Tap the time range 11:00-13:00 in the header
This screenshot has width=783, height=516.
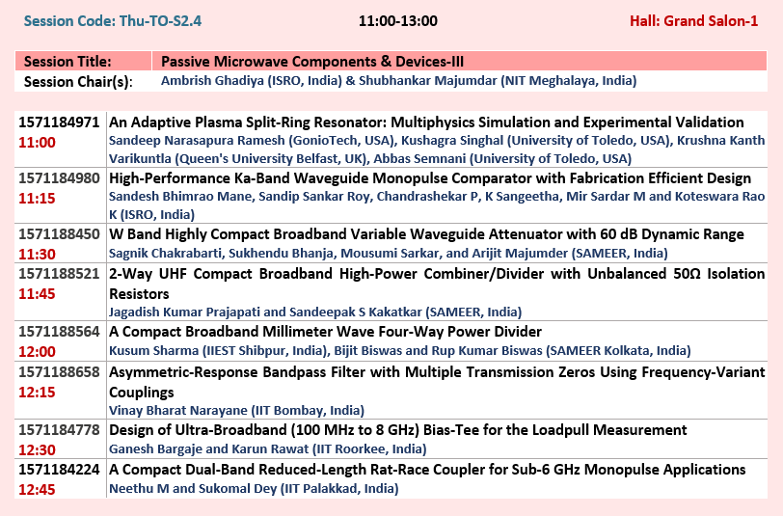pos(398,21)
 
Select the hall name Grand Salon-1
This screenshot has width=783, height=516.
pos(711,21)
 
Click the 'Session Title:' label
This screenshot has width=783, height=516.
pos(67,62)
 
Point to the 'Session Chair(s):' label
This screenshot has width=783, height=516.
pos(78,81)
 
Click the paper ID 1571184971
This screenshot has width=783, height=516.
pos(59,122)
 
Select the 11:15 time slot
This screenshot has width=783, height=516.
pos(37,199)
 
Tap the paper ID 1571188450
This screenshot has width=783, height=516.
pos(59,234)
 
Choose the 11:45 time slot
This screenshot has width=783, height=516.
pos(37,294)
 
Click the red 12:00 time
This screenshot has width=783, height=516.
pos(37,352)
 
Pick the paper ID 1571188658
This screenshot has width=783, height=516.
pos(59,372)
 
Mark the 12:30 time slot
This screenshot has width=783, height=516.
pos(37,450)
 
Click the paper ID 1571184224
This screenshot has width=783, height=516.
pos(59,470)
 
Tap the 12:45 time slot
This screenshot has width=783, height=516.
pos(37,490)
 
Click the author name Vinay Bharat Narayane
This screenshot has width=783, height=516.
pos(177,411)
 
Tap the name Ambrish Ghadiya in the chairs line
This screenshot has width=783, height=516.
pos(212,81)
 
